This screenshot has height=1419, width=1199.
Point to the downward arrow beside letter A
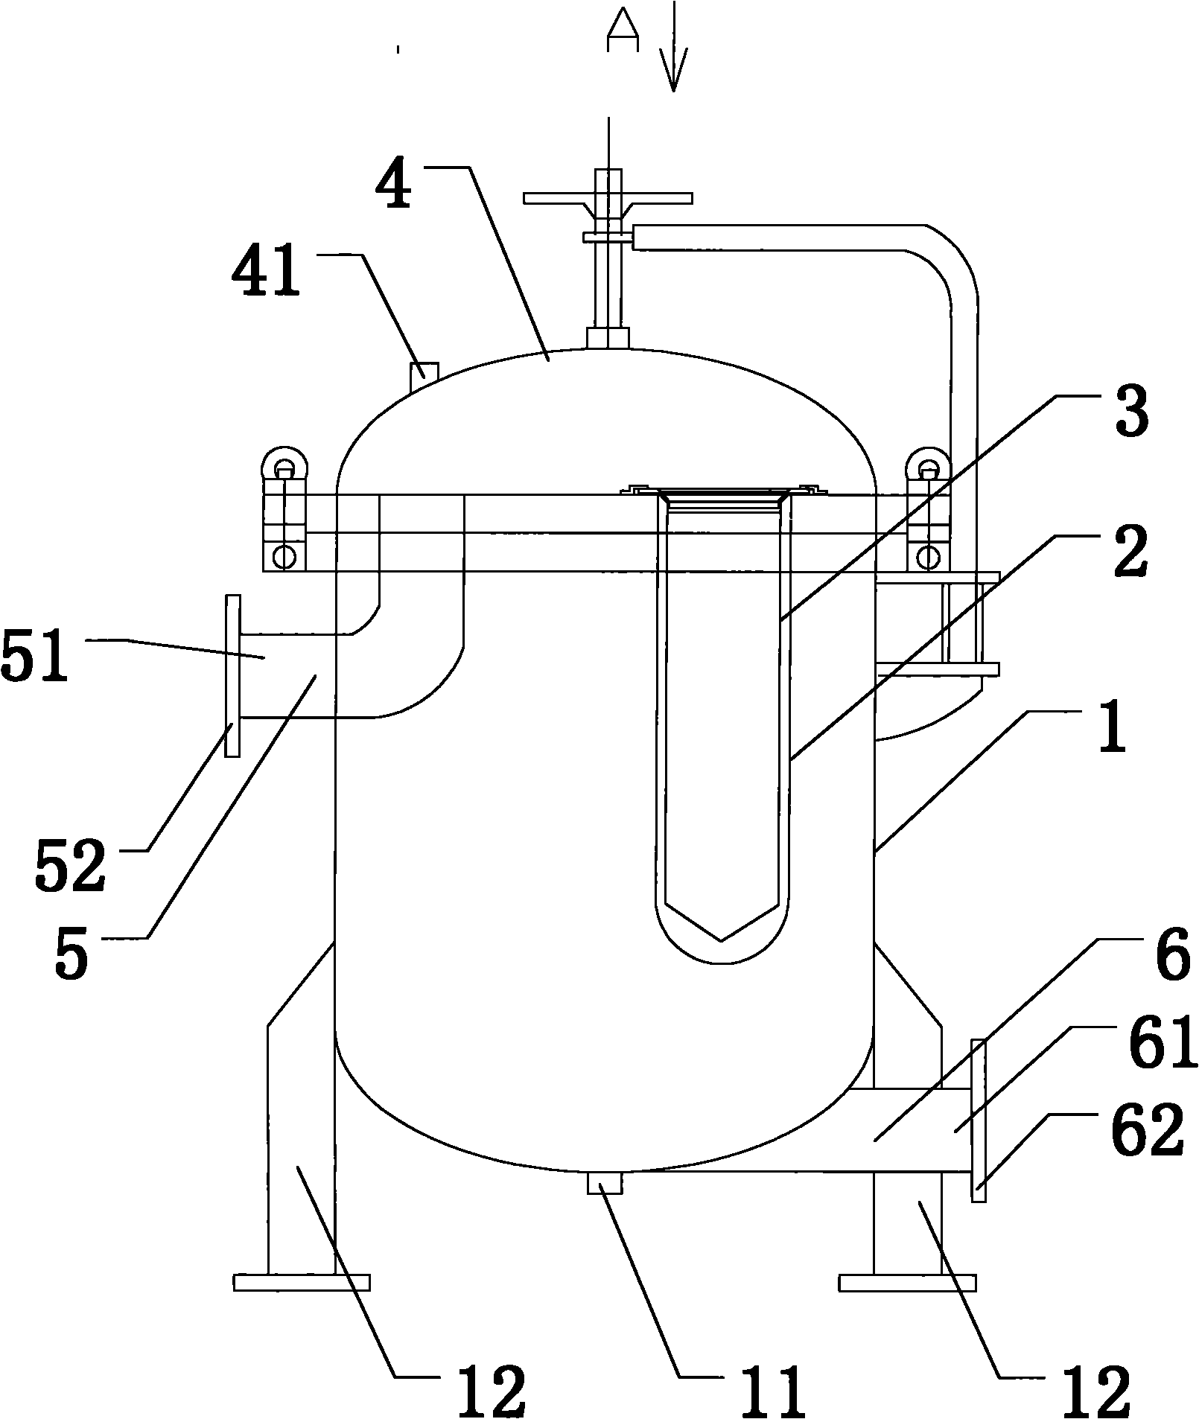(x=673, y=46)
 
